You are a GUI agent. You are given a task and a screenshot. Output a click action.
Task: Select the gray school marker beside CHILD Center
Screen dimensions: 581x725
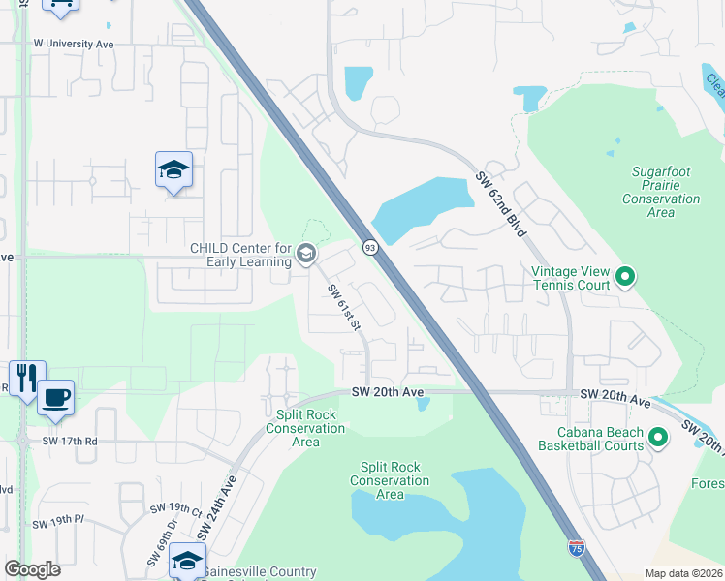(x=306, y=255)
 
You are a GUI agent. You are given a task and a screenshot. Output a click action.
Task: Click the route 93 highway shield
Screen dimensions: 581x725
(x=369, y=248)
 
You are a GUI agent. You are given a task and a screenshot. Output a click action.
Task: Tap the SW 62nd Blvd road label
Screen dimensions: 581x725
(x=501, y=204)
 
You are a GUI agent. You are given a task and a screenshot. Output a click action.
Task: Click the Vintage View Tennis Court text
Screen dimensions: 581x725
(x=571, y=279)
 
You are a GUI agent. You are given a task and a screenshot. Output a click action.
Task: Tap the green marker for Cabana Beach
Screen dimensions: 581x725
(x=658, y=439)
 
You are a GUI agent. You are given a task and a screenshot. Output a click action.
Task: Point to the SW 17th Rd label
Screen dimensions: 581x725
(x=71, y=441)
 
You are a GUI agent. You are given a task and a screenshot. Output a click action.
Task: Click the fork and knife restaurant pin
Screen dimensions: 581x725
(x=25, y=376)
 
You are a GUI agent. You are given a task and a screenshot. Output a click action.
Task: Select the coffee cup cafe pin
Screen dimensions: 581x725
(x=56, y=397)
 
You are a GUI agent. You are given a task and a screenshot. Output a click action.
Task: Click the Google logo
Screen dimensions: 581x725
(x=32, y=569)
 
